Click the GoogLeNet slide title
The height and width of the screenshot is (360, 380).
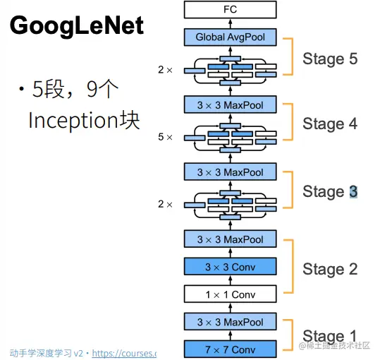click(x=77, y=27)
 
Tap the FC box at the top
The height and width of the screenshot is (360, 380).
click(x=230, y=10)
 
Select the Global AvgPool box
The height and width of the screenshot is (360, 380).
click(x=230, y=37)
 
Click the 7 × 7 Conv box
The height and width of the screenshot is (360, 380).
click(x=230, y=349)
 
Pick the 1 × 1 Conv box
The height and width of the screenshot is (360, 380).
click(x=230, y=294)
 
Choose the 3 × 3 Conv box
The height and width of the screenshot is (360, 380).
click(x=230, y=267)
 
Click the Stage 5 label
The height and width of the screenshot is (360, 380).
click(x=330, y=59)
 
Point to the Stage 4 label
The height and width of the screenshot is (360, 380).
click(x=330, y=124)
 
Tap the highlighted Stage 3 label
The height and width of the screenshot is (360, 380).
click(x=330, y=191)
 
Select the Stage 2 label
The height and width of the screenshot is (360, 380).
click(x=330, y=269)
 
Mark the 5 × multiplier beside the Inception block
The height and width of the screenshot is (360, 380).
click(x=165, y=137)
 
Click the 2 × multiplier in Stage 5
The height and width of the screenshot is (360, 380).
click(x=165, y=70)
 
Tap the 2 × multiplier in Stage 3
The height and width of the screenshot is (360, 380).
click(x=165, y=204)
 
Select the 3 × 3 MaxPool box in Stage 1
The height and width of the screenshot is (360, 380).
click(x=230, y=322)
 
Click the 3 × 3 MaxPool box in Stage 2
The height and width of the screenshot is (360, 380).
click(x=230, y=239)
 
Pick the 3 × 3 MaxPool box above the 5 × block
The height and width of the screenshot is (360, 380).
click(x=230, y=106)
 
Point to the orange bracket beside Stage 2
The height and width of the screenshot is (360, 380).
click(x=291, y=269)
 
